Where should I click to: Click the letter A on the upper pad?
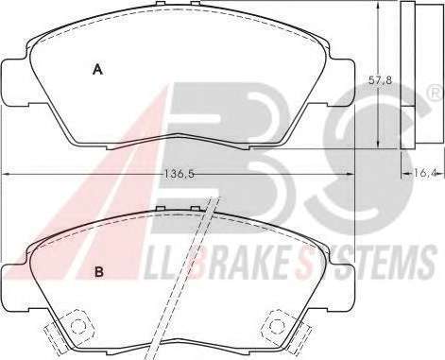98,69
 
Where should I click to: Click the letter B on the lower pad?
99,272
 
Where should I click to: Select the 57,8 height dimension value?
380,80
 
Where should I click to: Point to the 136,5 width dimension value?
180,174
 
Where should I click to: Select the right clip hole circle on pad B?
276,324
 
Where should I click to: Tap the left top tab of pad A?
161,4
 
